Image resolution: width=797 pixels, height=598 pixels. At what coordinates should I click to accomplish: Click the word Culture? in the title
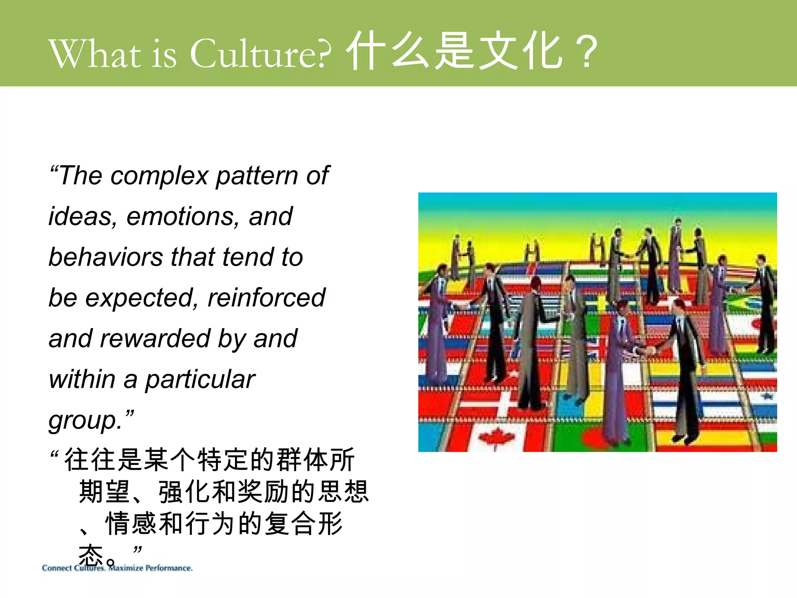tap(261, 53)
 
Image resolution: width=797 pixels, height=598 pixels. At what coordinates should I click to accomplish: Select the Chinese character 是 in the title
tap(454, 51)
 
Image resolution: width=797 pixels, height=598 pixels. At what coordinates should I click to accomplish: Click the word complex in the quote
tap(160, 176)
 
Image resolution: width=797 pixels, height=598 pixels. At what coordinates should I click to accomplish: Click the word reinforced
tap(266, 298)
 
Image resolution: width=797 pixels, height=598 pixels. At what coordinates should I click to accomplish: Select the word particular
tap(200, 379)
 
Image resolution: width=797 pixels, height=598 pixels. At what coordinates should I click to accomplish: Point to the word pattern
tap(257, 176)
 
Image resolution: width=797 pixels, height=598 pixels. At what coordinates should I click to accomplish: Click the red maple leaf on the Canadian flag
tap(496, 437)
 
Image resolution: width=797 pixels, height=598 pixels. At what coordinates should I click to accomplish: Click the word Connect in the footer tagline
tap(57, 568)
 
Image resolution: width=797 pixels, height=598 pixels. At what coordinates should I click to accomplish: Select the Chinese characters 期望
tap(104, 492)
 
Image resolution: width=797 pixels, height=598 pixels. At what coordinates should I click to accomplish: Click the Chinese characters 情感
tap(131, 524)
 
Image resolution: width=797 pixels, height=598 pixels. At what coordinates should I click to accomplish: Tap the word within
tap(82, 379)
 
